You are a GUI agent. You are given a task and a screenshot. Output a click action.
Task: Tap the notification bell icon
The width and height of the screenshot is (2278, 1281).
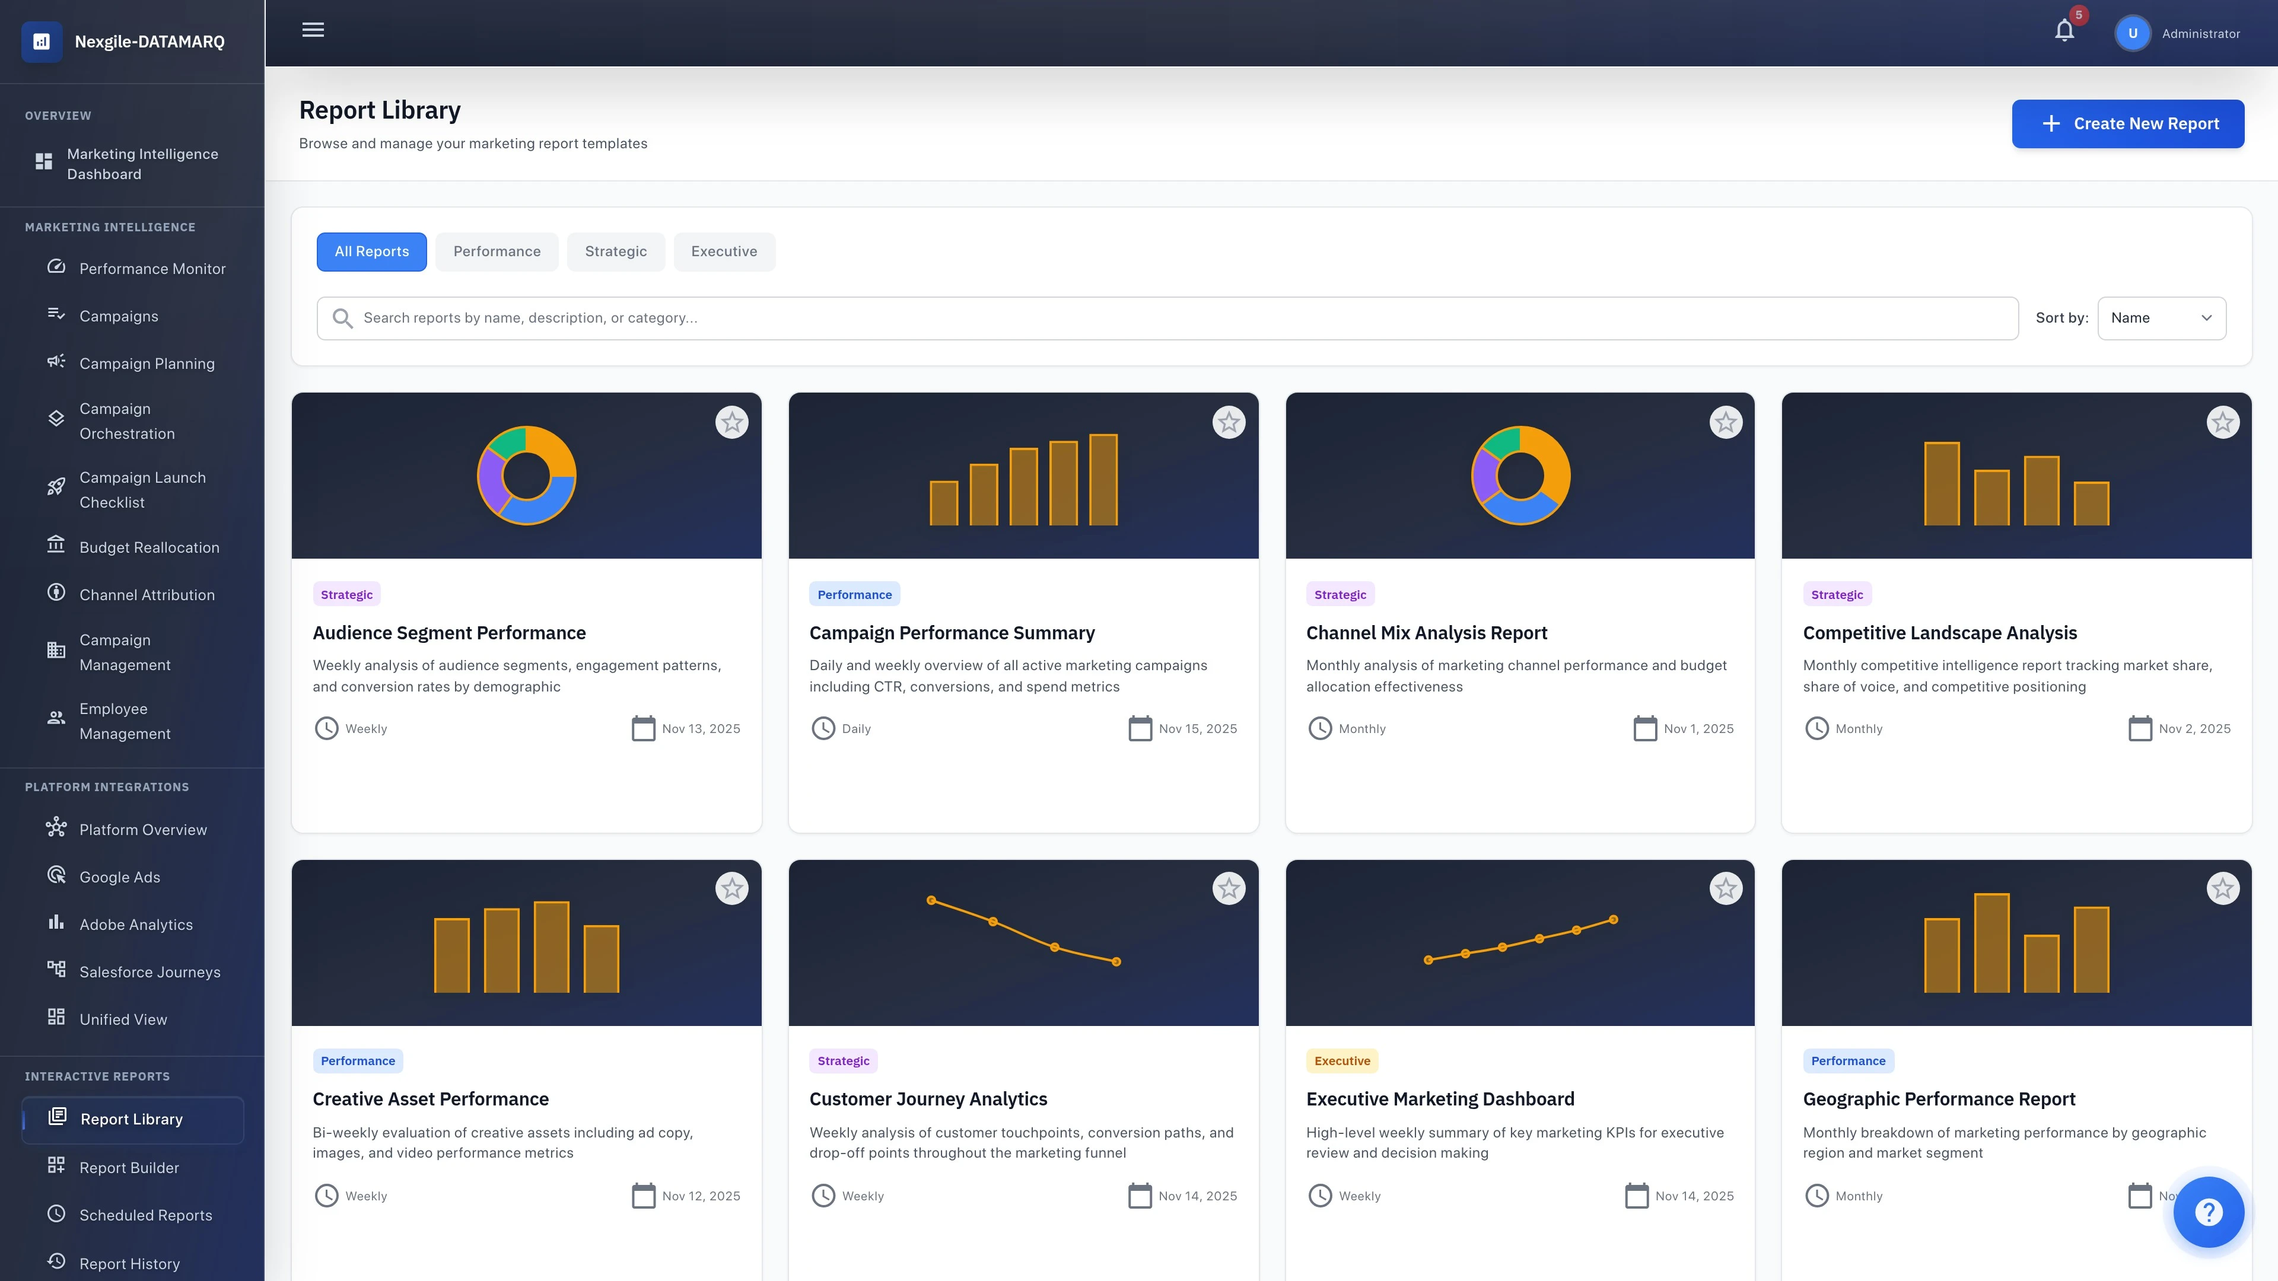tap(2064, 32)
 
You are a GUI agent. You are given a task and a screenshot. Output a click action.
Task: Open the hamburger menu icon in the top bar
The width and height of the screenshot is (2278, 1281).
tap(313, 30)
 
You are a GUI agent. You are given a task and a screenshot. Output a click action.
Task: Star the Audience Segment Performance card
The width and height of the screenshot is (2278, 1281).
tap(731, 423)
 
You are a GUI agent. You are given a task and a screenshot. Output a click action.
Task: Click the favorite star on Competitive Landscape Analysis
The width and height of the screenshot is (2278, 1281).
tap(2222, 423)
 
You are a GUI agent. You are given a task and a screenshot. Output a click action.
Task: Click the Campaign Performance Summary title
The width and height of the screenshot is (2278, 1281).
tap(952, 633)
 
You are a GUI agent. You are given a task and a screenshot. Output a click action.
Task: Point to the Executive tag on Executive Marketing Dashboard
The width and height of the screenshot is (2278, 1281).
tap(1341, 1061)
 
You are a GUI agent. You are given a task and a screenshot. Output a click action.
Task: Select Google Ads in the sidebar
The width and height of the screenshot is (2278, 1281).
tap(119, 877)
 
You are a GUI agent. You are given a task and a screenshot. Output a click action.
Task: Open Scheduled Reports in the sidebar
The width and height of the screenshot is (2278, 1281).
tap(145, 1216)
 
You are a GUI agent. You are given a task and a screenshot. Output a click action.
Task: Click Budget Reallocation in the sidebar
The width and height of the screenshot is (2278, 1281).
tap(148, 547)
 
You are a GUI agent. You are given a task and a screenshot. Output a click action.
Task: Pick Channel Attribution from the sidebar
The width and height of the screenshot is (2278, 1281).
tap(147, 595)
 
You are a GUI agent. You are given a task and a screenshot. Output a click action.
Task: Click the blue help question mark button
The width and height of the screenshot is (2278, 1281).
tap(2208, 1212)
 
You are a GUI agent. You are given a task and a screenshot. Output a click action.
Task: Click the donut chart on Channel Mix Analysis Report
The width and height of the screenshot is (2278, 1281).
tap(1520, 476)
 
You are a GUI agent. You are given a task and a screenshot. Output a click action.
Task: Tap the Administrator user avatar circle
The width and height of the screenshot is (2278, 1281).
tap(2132, 34)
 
